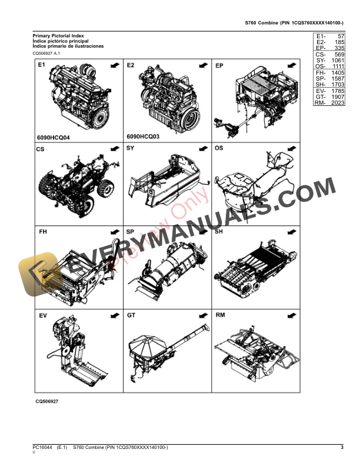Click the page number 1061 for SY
(x=337, y=60)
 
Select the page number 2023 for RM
(x=337, y=103)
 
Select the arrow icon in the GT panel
(x=202, y=316)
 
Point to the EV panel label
(x=42, y=316)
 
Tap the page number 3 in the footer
(x=341, y=449)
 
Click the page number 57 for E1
(x=339, y=36)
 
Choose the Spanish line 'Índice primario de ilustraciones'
(x=68, y=46)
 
